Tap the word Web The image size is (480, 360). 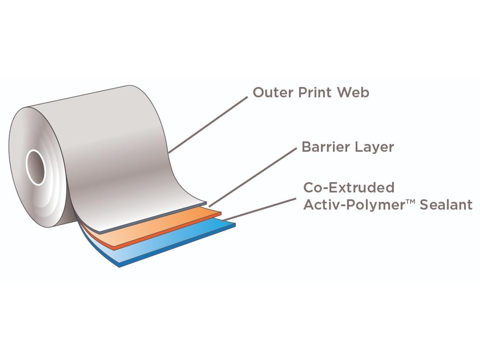click(353, 92)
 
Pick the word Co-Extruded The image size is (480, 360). click(349, 188)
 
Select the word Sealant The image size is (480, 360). click(446, 204)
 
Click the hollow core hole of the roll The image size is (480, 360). click(36, 167)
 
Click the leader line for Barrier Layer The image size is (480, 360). click(253, 177)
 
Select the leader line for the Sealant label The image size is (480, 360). click(260, 209)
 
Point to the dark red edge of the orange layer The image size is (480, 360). click(168, 231)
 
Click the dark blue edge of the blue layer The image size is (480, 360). click(177, 245)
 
